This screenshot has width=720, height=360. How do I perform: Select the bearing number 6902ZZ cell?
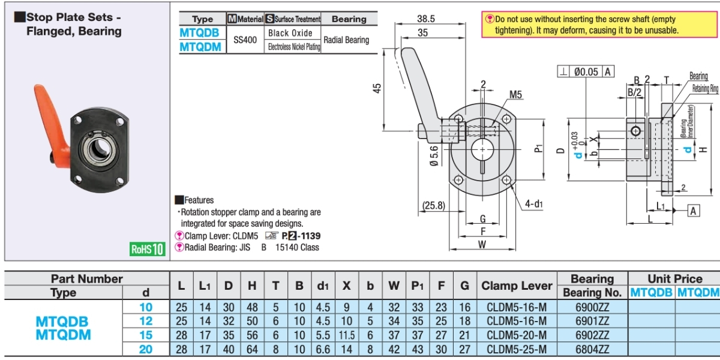tap(592, 334)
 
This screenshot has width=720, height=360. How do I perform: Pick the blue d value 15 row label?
tap(146, 334)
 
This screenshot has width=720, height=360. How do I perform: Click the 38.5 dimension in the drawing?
tap(425, 19)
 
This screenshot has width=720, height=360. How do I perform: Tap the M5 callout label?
tap(515, 95)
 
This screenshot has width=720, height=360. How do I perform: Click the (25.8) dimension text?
tap(433, 205)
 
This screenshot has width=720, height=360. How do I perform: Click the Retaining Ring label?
tap(705, 89)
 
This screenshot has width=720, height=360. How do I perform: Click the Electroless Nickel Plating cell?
tap(293, 47)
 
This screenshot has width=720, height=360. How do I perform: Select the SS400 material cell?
tap(245, 40)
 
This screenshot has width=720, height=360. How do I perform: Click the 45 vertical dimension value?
tap(376, 88)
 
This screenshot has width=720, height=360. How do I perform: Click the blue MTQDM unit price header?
tap(697, 292)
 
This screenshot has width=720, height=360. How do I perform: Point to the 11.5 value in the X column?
tap(346, 334)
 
